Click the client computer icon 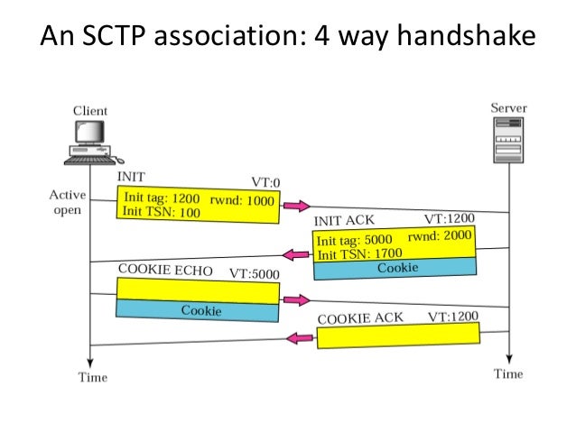point(90,142)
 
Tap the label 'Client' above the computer point(89,111)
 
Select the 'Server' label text point(509,108)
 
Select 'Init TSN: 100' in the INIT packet point(161,213)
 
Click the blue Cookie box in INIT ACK point(395,268)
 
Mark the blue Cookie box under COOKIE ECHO point(198,310)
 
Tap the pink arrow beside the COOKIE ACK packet point(299,338)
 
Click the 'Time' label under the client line point(90,377)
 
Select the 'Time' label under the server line point(508,373)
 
